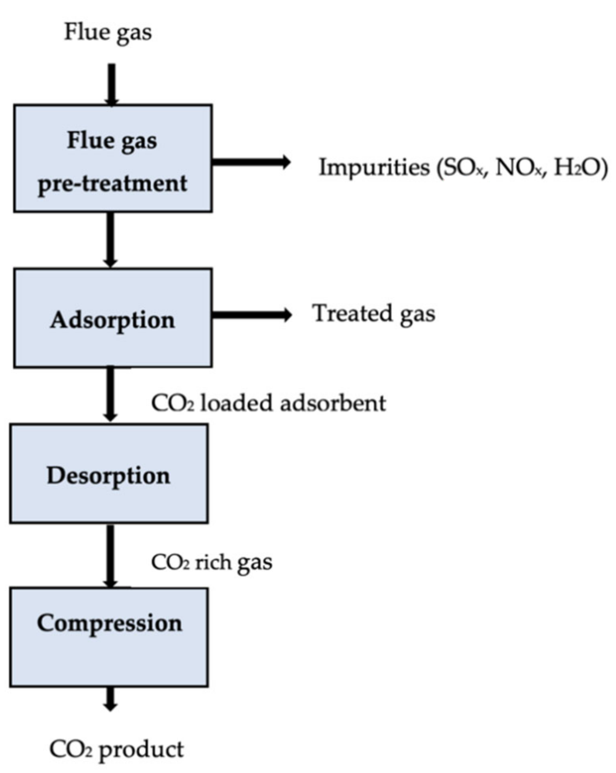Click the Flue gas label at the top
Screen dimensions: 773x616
click(x=108, y=32)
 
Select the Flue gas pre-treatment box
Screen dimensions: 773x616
click(x=113, y=159)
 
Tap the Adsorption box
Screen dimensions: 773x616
click(x=113, y=318)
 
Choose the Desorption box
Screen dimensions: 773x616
click(x=109, y=474)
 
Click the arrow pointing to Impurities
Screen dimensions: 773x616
click(x=251, y=162)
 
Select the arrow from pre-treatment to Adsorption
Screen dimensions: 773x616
click(x=111, y=240)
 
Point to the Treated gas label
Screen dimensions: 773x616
click(x=373, y=313)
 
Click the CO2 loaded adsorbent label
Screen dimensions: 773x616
click(x=269, y=403)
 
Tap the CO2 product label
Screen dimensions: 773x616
click(x=116, y=749)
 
